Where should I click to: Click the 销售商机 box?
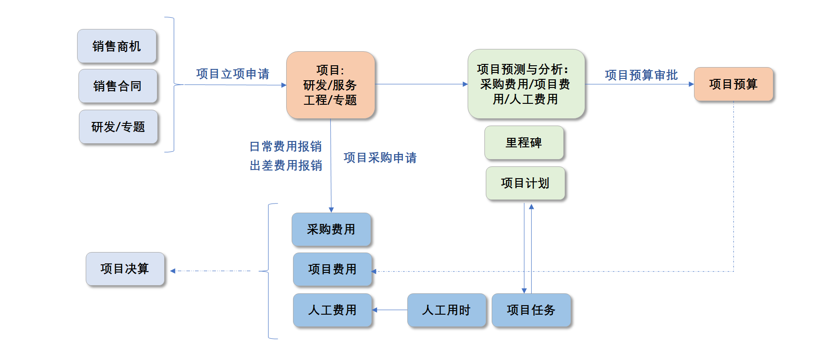point(117,46)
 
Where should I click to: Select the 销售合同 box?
point(118,86)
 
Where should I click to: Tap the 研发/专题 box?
point(118,127)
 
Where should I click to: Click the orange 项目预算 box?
point(733,84)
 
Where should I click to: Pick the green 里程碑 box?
point(524,143)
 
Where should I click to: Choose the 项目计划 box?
point(525,183)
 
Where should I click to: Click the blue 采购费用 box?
point(331,229)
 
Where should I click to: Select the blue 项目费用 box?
point(332,269)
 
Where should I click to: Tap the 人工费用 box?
point(332,310)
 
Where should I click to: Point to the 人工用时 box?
point(446,310)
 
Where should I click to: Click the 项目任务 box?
point(531,310)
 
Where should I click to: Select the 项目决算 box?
point(125,269)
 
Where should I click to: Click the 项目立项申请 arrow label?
point(233,74)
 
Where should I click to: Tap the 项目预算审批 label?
point(641,75)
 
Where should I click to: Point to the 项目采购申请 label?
point(380,158)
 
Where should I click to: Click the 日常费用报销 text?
point(286,146)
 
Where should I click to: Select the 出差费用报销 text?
point(286,165)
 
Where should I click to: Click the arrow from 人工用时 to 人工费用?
point(390,310)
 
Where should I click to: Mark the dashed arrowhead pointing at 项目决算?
point(173,271)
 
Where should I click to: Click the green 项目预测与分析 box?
point(526,84)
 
